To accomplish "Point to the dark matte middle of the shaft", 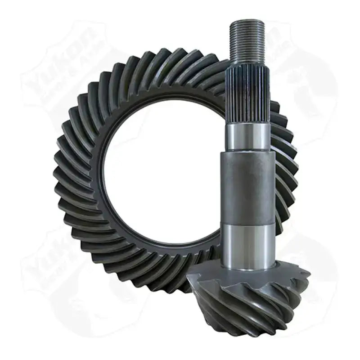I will coord(247,189).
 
